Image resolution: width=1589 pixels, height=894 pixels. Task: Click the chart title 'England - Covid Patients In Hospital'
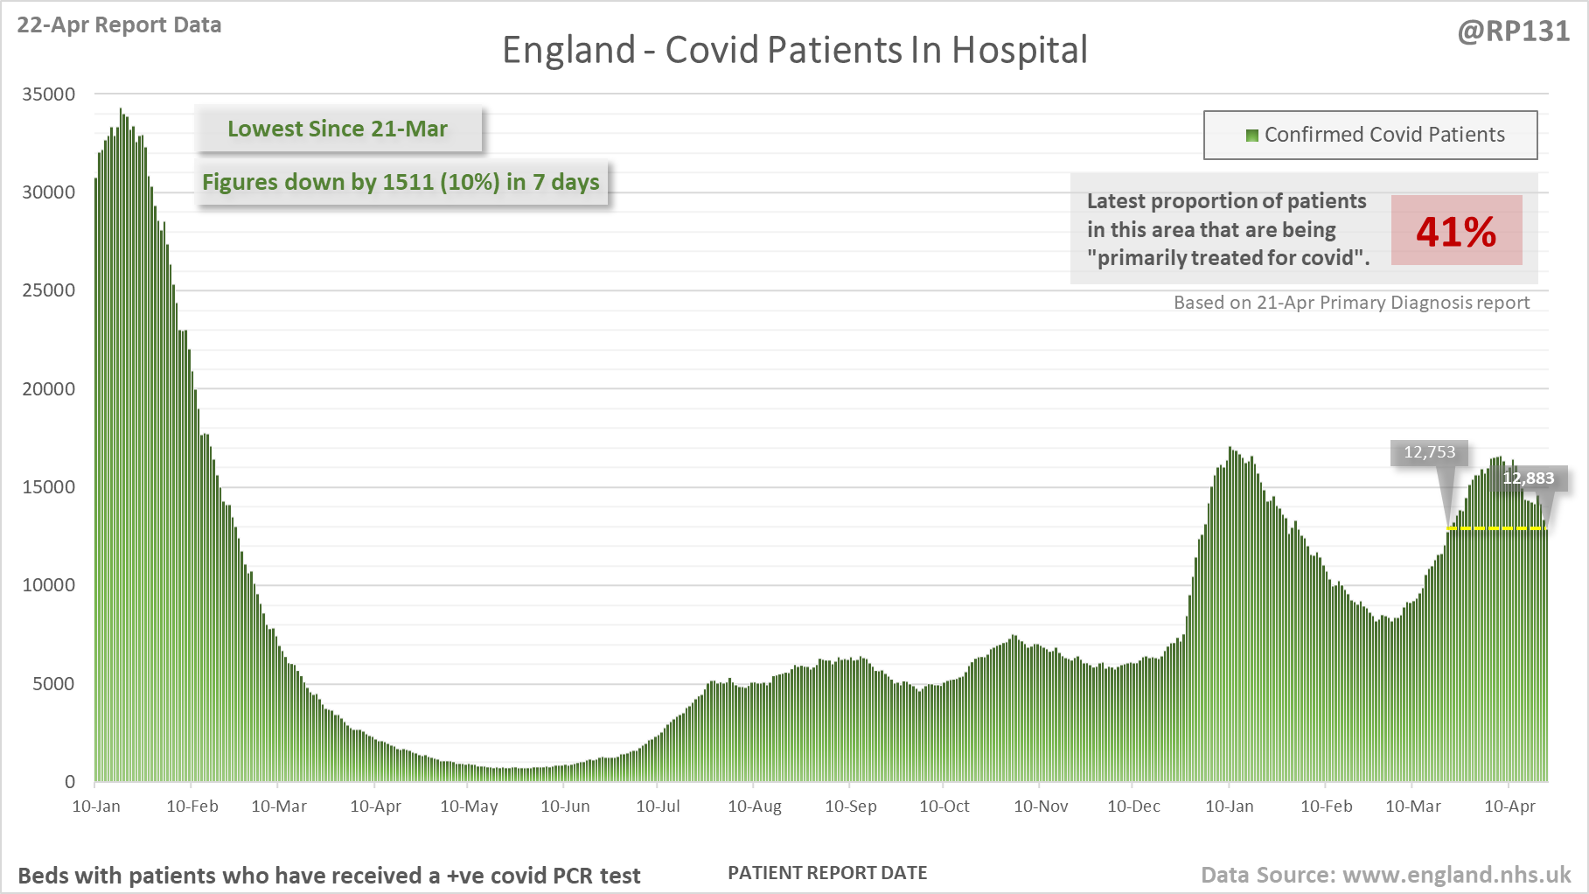pyautogui.click(x=794, y=50)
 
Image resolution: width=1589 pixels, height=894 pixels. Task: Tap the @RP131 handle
pyautogui.click(x=1513, y=31)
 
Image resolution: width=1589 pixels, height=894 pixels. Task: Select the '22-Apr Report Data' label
pyautogui.click(x=119, y=24)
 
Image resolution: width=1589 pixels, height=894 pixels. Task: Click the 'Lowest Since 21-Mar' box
pyautogui.click(x=338, y=129)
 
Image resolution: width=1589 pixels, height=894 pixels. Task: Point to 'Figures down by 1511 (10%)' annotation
pyautogui.click(x=401, y=182)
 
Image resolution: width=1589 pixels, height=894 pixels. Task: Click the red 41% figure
pyautogui.click(x=1456, y=231)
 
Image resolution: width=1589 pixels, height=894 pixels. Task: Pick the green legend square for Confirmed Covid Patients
pyautogui.click(x=1252, y=135)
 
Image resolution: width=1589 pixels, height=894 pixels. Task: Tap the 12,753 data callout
pyautogui.click(x=1429, y=452)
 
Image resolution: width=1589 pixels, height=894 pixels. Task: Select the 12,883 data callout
pyautogui.click(x=1528, y=478)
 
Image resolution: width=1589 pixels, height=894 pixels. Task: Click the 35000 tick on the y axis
pyautogui.click(x=49, y=94)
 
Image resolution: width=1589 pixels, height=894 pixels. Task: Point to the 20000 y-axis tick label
pyautogui.click(x=49, y=388)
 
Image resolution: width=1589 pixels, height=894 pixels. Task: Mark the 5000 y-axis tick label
pyautogui.click(x=53, y=683)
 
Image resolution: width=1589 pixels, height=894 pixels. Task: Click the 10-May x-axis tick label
pyautogui.click(x=469, y=806)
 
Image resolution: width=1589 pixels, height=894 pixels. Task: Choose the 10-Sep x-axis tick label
pyautogui.click(x=850, y=806)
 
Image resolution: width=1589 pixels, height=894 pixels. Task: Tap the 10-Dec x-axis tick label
pyautogui.click(x=1133, y=806)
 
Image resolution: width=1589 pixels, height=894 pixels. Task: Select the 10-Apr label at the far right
pyautogui.click(x=1509, y=806)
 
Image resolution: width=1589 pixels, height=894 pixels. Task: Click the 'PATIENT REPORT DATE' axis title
pyautogui.click(x=827, y=872)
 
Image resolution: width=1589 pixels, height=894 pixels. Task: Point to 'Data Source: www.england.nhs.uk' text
pyautogui.click(x=1385, y=875)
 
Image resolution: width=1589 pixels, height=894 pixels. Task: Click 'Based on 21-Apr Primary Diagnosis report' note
pyautogui.click(x=1351, y=303)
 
